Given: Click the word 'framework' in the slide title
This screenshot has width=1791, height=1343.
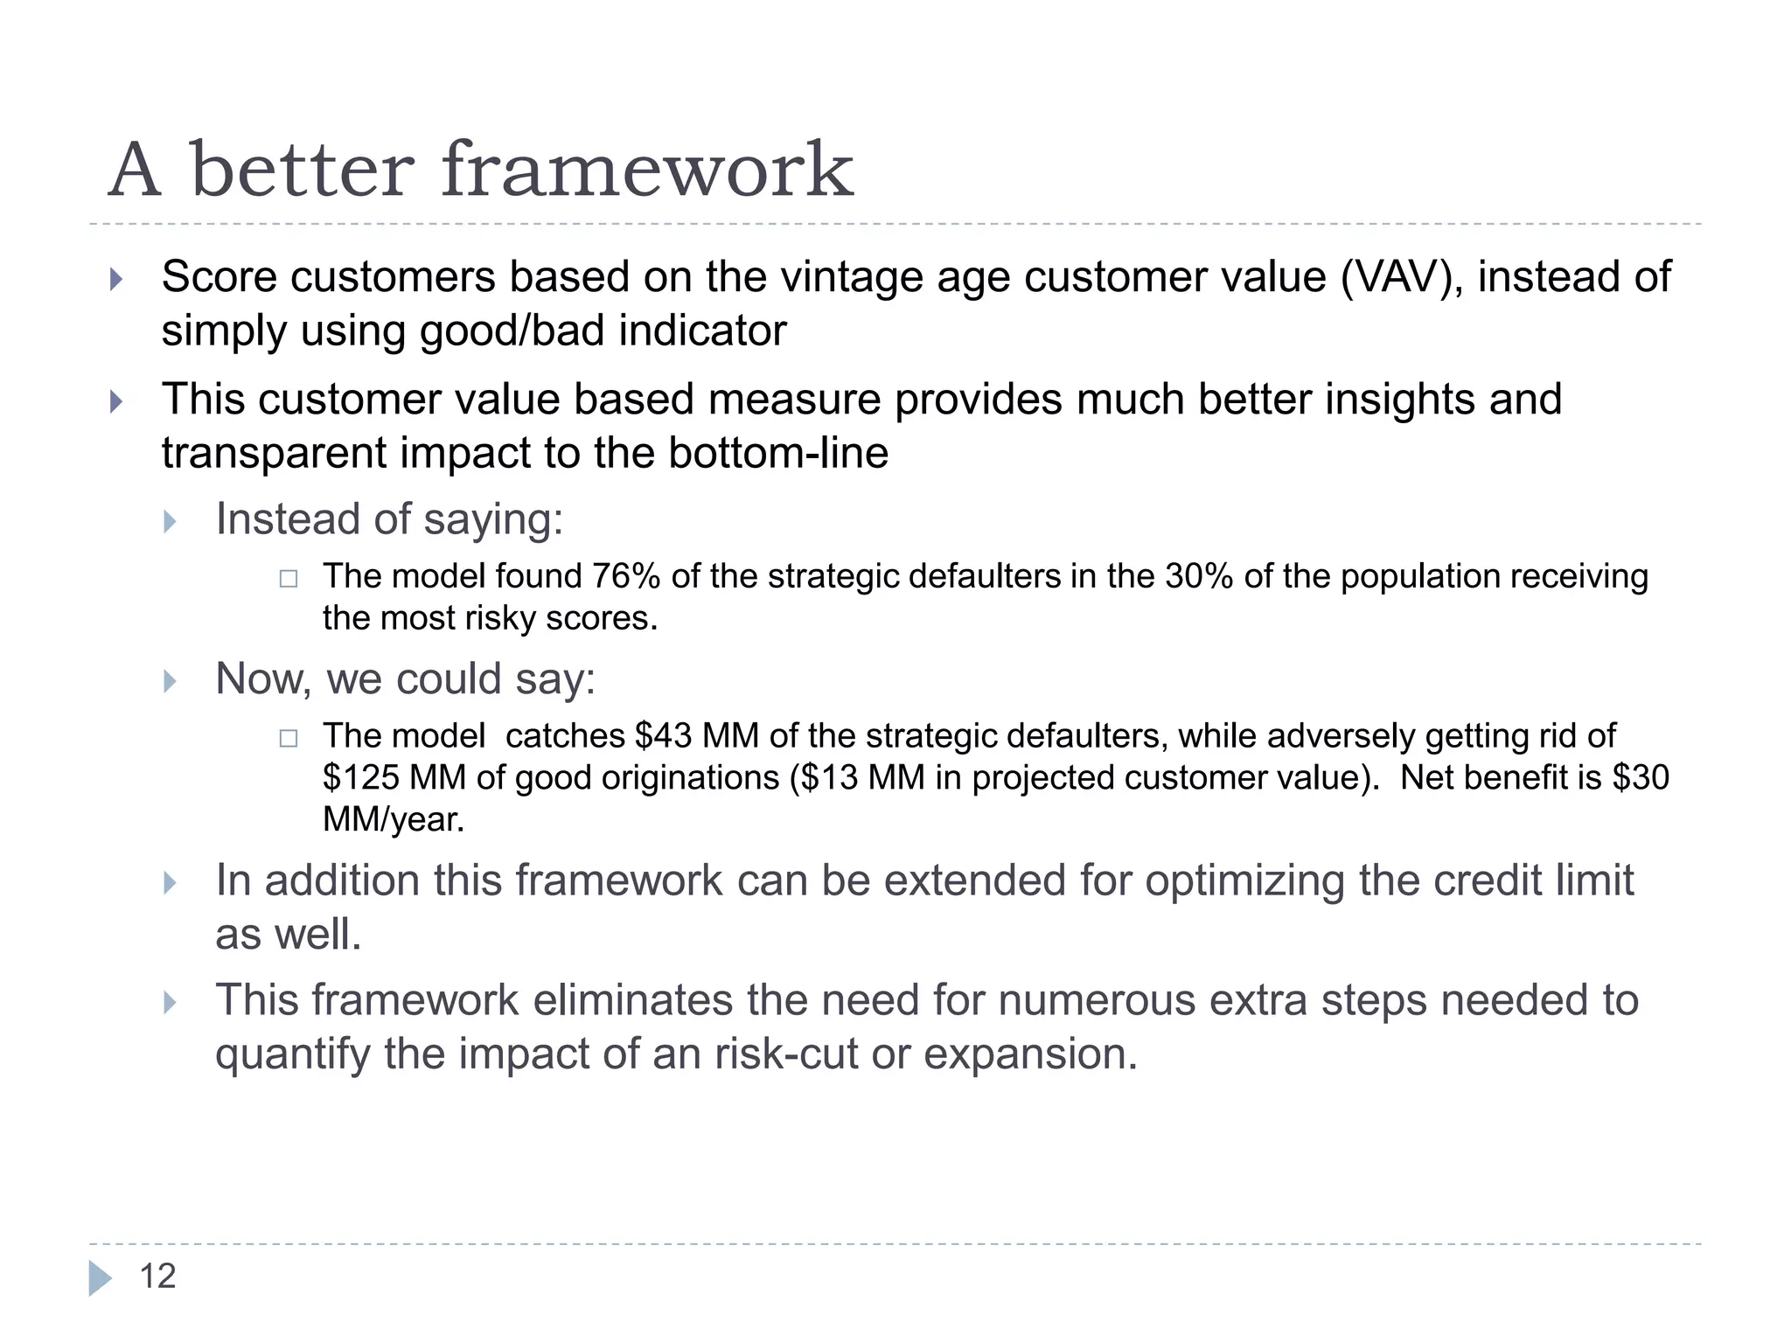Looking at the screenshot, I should click(647, 170).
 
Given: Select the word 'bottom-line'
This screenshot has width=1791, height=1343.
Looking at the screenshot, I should click(778, 454).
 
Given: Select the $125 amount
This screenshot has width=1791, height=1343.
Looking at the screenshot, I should click(360, 778).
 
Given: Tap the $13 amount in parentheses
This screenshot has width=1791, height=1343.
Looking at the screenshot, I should click(827, 778).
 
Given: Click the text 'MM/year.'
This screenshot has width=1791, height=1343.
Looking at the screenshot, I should click(394, 820).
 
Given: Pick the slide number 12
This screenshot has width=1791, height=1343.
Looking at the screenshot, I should click(157, 1277).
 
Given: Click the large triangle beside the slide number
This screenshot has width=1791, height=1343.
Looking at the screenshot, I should click(100, 1278).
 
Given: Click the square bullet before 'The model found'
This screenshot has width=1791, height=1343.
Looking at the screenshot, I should click(289, 579).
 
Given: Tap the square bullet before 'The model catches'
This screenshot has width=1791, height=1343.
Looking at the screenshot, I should click(289, 739).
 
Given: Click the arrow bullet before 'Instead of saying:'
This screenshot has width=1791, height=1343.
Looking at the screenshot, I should click(171, 522).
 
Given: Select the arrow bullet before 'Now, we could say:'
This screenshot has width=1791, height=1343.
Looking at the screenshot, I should click(171, 681).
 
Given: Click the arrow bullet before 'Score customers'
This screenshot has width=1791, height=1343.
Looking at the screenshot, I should click(116, 280).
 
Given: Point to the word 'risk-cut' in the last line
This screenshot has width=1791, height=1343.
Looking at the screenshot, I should click(785, 1054).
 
